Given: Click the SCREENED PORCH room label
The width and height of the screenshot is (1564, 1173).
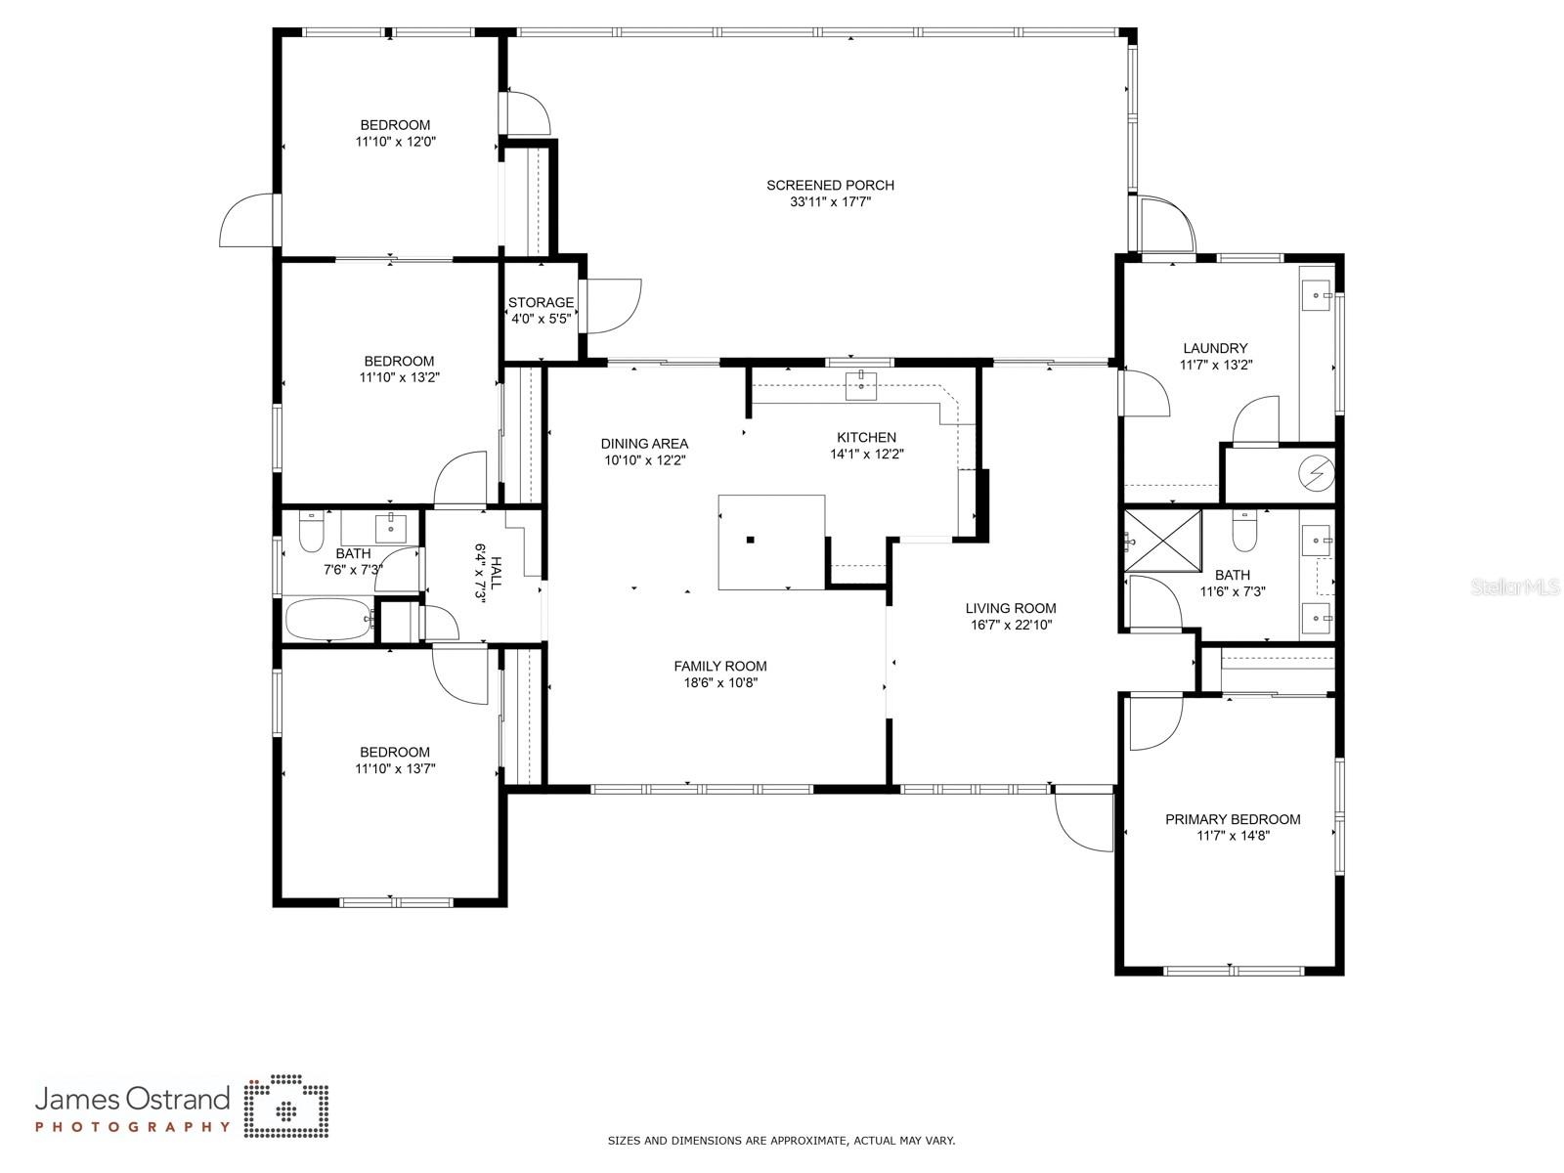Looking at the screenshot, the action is pos(830,185).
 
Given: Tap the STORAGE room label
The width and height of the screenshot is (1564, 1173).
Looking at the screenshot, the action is pos(541,302).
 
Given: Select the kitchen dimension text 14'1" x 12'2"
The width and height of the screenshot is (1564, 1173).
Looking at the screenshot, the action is pos(866,454).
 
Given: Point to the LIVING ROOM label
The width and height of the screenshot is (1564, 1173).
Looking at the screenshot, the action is pos(1011,608).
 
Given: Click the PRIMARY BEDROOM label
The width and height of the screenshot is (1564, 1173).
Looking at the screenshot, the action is pos(1233,819).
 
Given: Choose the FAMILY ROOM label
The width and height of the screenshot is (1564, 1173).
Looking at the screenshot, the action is pos(720,666).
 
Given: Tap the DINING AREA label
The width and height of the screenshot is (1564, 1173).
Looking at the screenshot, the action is pos(644,444).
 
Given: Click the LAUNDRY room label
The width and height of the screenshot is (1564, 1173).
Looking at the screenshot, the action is pos(1216,348).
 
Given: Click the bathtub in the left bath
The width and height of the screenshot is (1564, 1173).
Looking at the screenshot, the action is pos(329,620).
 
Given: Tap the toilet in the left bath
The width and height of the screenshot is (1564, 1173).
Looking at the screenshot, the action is pos(311,532).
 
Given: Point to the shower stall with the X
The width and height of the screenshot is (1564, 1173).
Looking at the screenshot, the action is pos(1163,542).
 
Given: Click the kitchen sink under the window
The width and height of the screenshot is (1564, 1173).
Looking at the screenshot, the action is pos(861,385).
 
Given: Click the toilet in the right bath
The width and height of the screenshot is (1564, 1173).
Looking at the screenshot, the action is pos(1244,532).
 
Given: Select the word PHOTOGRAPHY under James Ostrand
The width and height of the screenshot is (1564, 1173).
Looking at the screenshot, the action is pos(133,1127).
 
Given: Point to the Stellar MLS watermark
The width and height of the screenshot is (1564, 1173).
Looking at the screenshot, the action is pos(1515,586).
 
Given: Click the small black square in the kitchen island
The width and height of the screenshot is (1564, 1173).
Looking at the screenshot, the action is pos(751,540).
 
